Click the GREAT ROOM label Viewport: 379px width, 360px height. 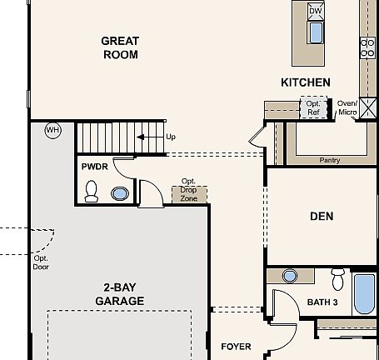point(120,47)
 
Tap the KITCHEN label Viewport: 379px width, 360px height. point(306,82)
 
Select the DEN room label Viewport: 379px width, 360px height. point(322,216)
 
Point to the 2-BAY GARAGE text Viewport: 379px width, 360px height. point(120,294)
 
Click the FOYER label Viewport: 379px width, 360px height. point(236,347)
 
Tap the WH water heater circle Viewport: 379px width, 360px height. point(53,130)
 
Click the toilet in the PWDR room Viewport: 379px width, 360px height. point(92,191)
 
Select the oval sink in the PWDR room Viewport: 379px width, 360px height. point(120,193)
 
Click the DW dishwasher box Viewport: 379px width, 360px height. point(316,11)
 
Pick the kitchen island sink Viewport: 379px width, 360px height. point(316,32)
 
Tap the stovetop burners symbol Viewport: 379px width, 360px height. point(367,47)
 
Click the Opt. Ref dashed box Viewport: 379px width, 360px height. point(314,107)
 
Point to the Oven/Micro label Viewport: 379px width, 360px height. point(347,107)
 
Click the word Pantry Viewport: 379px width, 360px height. point(330,160)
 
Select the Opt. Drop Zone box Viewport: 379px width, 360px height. point(189,194)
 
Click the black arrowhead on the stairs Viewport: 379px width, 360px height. point(141,137)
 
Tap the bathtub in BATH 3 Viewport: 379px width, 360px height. point(365,294)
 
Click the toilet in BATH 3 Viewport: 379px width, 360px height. point(338,279)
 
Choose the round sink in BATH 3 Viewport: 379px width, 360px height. point(290,276)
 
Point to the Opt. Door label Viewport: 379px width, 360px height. point(41,262)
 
